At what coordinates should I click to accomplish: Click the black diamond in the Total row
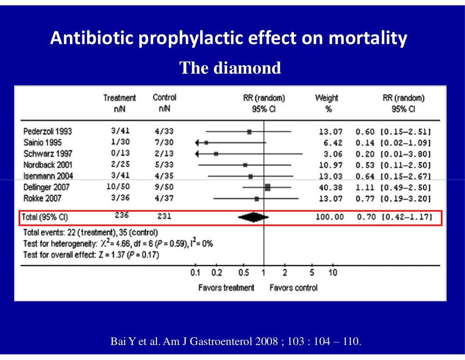click(x=253, y=217)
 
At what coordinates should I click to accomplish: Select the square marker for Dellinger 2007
click(x=267, y=187)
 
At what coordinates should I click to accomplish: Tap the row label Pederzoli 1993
click(x=47, y=131)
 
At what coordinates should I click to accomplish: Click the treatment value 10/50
click(x=118, y=187)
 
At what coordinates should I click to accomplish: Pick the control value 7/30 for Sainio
click(x=164, y=142)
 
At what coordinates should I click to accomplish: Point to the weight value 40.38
click(x=331, y=188)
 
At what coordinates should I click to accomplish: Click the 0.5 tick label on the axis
click(x=243, y=272)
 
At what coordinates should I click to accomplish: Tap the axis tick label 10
click(x=333, y=272)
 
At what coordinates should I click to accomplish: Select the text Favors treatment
click(x=226, y=288)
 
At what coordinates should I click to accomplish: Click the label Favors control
click(x=294, y=288)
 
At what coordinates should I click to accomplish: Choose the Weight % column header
click(x=327, y=103)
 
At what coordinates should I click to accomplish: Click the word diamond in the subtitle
click(x=247, y=68)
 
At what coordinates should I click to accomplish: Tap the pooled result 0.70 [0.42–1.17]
click(x=395, y=217)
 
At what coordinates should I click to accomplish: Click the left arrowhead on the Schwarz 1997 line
click(x=197, y=154)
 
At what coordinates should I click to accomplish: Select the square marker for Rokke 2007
click(x=257, y=199)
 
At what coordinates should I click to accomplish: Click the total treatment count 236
click(x=122, y=215)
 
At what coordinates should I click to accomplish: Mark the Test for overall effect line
click(x=91, y=255)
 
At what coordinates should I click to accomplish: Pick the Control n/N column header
click(x=164, y=103)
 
